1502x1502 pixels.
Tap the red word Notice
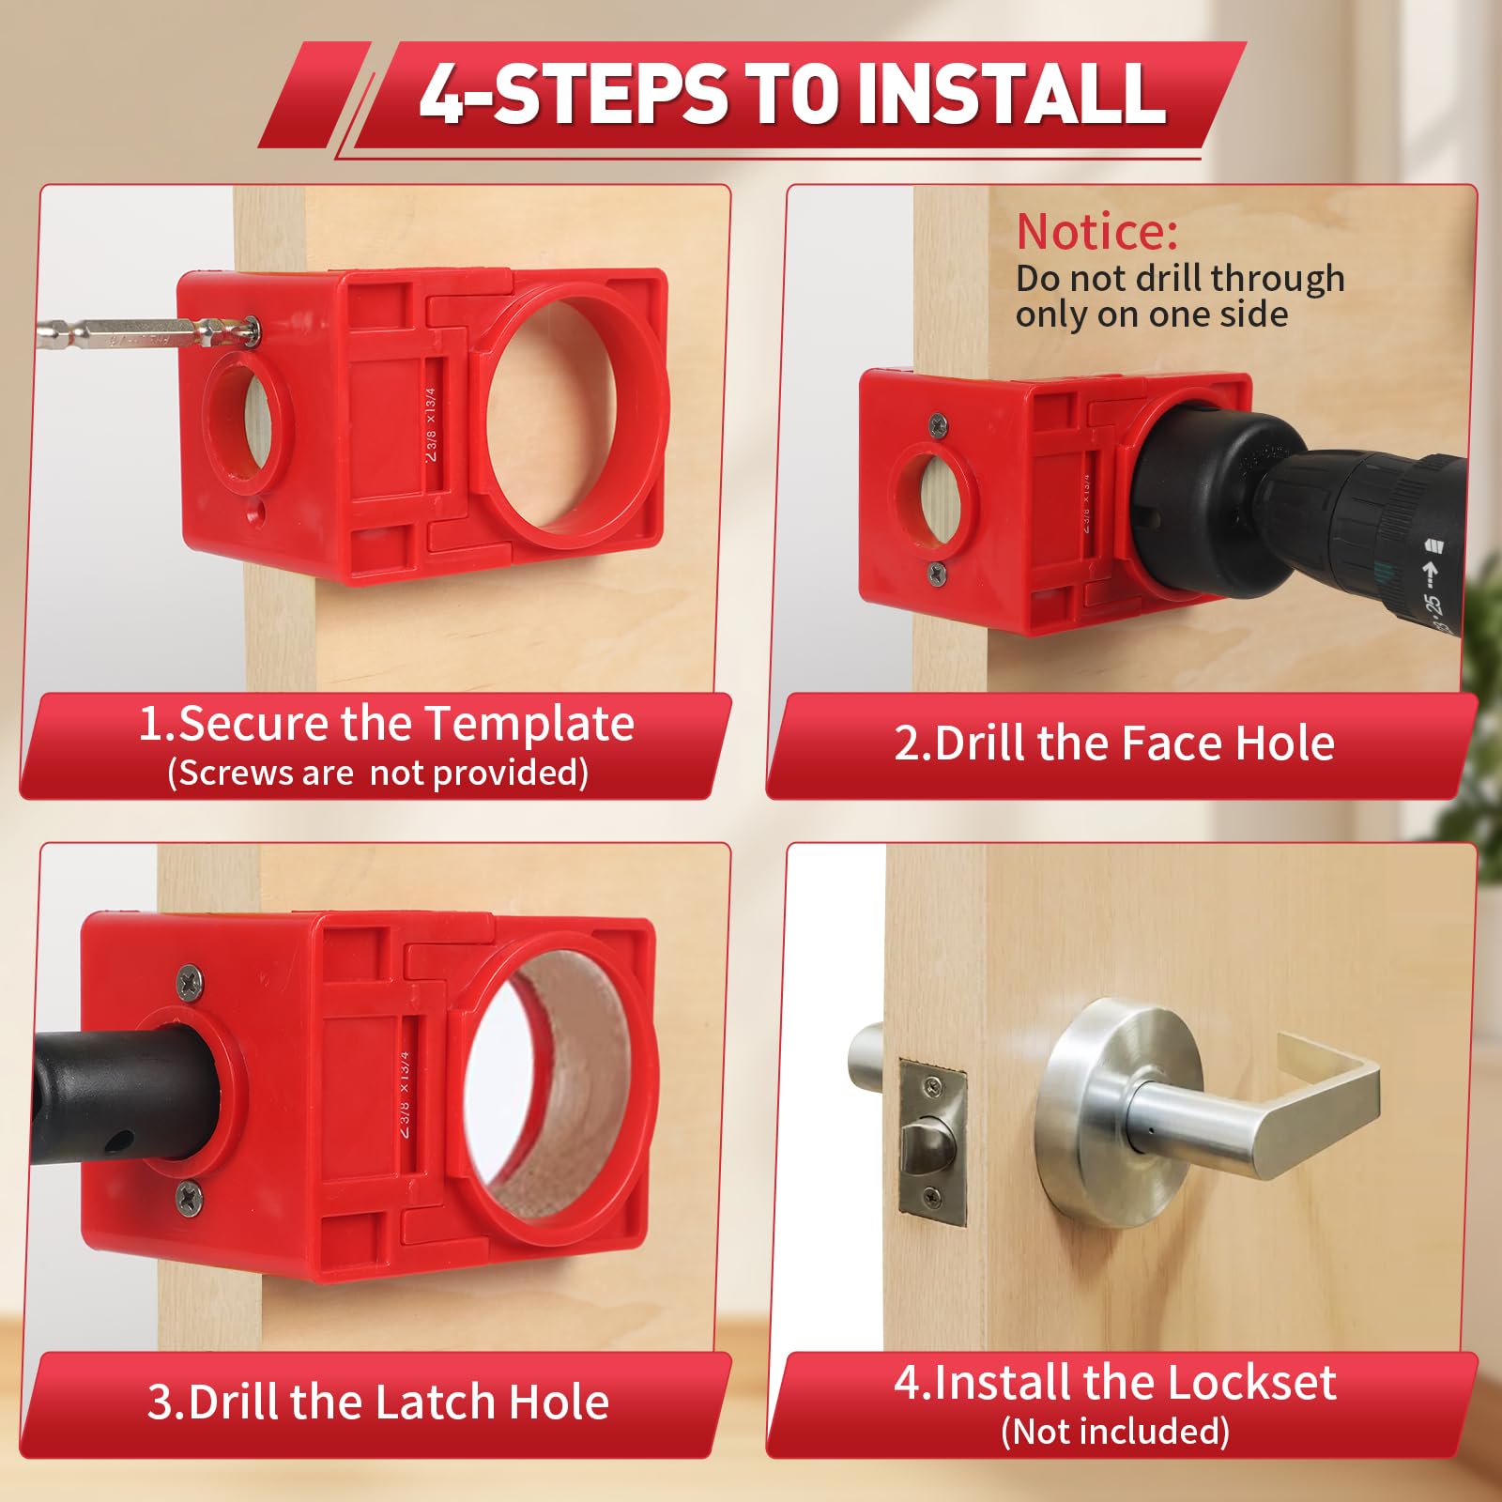point(1096,232)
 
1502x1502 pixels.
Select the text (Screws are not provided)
point(378,773)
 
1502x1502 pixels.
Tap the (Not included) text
point(1115,1432)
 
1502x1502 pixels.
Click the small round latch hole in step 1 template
point(248,420)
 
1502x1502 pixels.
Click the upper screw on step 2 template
point(937,426)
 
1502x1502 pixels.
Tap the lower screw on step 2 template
point(936,573)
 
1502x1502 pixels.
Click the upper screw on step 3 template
point(191,981)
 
